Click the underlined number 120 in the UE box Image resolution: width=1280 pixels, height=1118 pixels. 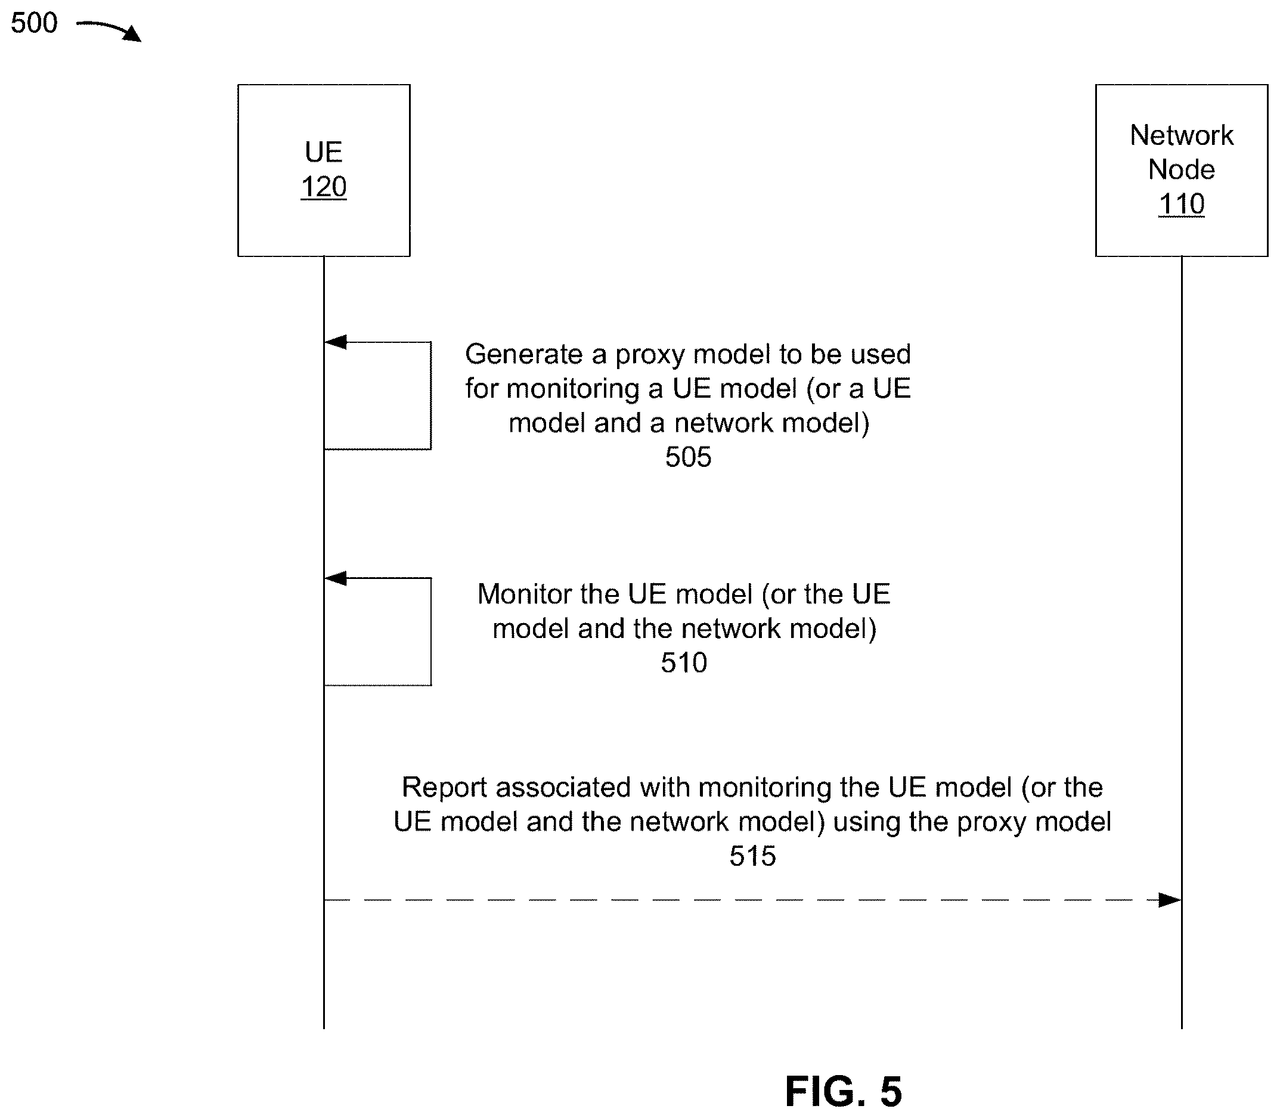coord(324,187)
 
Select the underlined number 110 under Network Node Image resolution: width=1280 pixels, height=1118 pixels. coord(1182,204)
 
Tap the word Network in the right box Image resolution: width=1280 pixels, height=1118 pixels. coord(1182,135)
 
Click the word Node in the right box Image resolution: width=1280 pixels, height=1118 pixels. coord(1182,170)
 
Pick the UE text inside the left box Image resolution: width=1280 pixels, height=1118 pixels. coord(324,152)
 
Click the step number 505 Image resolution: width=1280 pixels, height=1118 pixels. coord(688,457)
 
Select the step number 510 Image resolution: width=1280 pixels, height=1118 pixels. coord(684,662)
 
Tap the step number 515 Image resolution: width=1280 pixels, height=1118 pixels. coord(753,856)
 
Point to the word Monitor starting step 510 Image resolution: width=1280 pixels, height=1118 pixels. coord(525,594)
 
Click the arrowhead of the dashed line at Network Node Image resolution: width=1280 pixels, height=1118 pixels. coord(1170,900)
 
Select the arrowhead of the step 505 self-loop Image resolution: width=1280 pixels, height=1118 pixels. coord(336,342)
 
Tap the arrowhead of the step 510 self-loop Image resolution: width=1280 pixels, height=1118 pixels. coord(336,578)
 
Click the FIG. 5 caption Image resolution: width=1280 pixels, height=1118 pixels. coord(844,1091)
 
